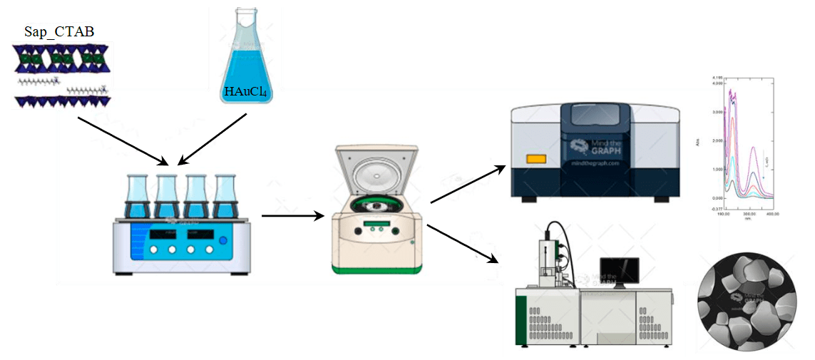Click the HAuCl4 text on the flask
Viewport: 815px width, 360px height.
click(246, 91)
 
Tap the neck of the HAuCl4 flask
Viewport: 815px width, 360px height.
click(247, 25)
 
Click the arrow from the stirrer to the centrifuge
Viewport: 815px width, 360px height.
click(292, 215)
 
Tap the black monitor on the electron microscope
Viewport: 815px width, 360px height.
click(620, 272)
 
